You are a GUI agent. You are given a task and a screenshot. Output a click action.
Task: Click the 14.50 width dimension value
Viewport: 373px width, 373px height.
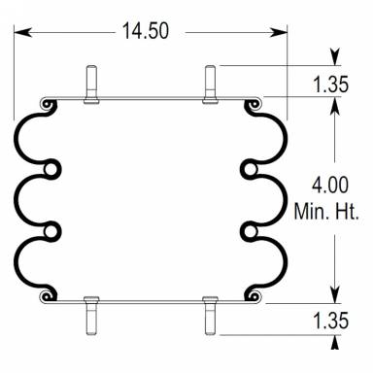[x=146, y=30]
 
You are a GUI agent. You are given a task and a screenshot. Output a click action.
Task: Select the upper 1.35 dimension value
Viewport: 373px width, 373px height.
[x=330, y=85]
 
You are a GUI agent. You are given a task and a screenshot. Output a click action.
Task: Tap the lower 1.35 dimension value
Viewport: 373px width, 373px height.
[x=330, y=318]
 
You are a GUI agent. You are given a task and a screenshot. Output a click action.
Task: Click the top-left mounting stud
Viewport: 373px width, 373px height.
[x=89, y=83]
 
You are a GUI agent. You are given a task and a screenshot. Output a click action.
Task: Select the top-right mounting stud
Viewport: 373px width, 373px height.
[x=210, y=83]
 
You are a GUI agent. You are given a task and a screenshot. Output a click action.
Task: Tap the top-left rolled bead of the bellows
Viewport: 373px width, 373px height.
[x=45, y=102]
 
